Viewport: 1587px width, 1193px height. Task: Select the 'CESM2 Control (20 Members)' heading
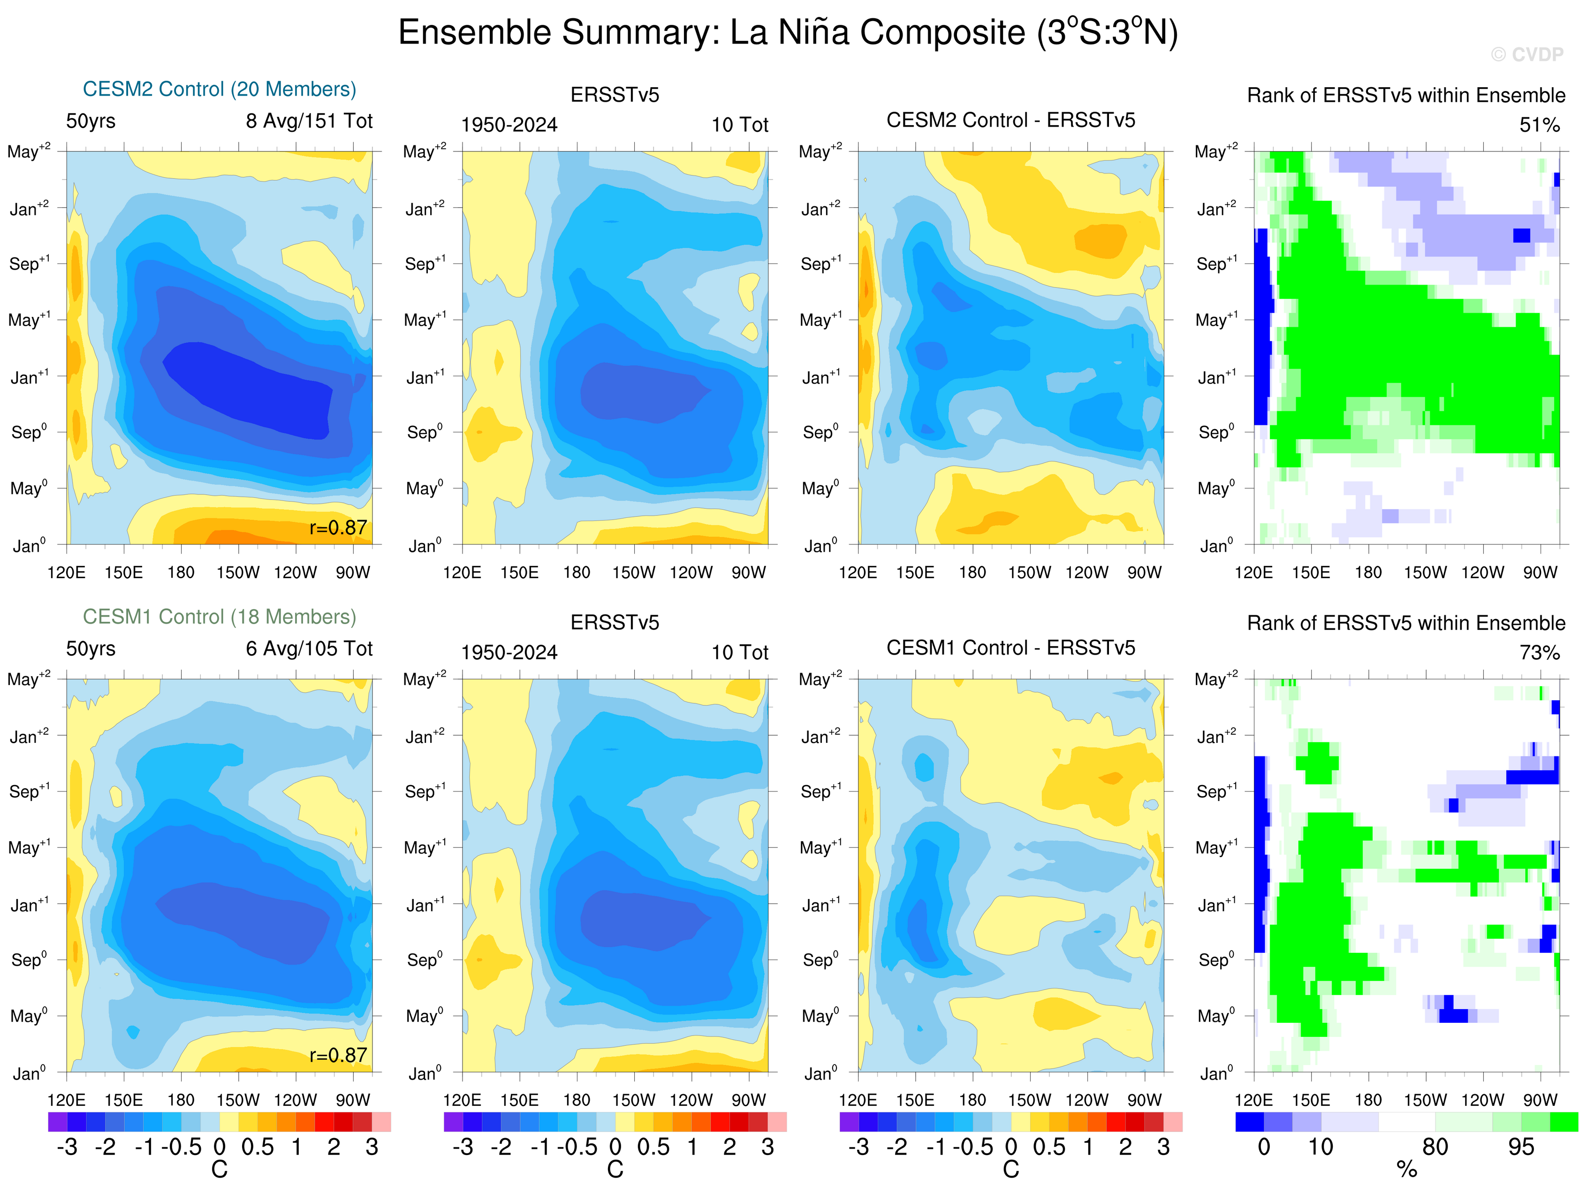pos(220,89)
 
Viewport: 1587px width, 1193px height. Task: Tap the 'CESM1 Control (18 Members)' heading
pos(220,617)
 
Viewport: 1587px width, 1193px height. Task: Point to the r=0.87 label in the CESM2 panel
pos(338,528)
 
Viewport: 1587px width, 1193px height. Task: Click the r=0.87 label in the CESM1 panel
pos(338,1055)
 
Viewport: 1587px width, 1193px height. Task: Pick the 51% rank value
pos(1539,126)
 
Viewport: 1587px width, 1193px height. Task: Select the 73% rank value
pos(1539,653)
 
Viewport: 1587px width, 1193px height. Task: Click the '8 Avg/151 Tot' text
pos(309,121)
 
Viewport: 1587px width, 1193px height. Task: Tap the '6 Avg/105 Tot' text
pos(309,649)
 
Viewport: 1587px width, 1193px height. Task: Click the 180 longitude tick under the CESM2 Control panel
pos(181,573)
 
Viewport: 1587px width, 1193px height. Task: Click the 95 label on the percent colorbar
pos(1521,1147)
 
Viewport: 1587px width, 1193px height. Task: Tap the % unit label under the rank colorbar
pos(1406,1170)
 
